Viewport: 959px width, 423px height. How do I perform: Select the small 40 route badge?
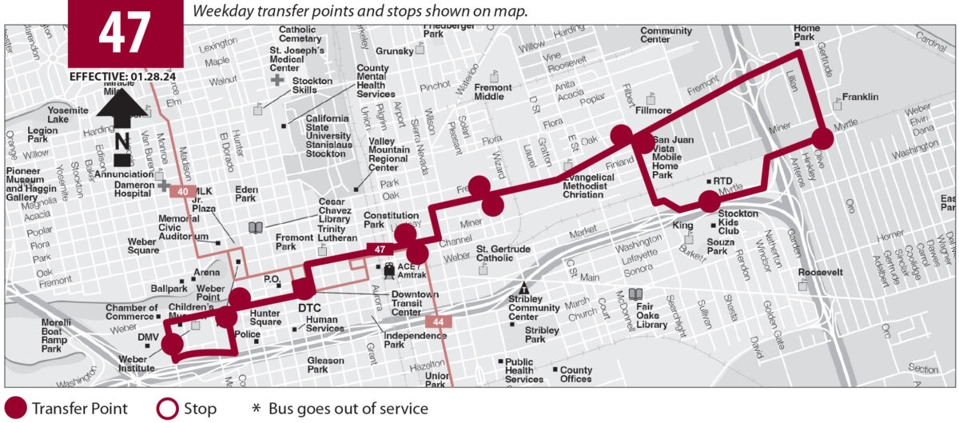point(182,191)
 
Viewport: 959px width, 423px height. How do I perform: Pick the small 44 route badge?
point(438,321)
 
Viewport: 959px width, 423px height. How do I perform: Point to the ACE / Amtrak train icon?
point(390,269)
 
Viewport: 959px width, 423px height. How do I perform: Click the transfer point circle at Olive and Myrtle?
point(822,138)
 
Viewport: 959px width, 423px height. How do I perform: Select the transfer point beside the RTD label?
point(709,202)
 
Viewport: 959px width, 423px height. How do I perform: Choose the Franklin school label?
point(860,97)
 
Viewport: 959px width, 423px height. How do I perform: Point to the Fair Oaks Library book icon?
point(635,293)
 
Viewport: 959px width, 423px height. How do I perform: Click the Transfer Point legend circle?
point(14,409)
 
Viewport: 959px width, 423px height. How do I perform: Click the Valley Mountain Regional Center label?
point(393,154)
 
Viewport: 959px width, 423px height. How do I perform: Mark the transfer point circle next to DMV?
point(172,345)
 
